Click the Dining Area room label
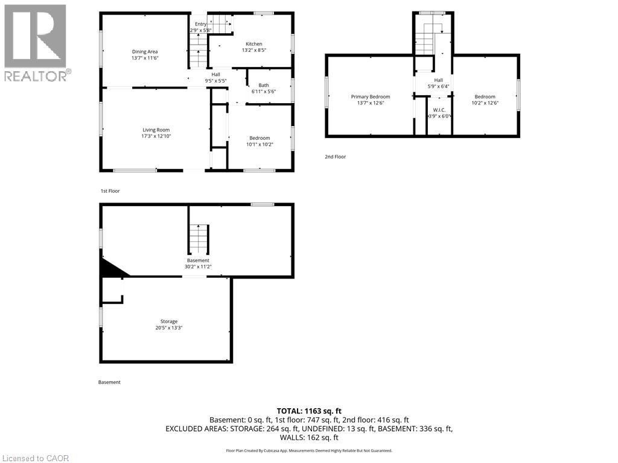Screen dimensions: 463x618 coord(145,52)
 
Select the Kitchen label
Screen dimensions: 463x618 coord(253,44)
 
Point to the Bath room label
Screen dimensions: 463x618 coord(264,85)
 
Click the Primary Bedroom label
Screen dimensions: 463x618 coord(371,96)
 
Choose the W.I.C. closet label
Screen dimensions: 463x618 coord(439,110)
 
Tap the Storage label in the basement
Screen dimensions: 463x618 coord(169,321)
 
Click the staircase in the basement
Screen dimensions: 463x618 coord(199,239)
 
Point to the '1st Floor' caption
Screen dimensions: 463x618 coord(110,191)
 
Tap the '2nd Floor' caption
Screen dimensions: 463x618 coord(335,157)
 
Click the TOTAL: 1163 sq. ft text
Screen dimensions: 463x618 coord(309,411)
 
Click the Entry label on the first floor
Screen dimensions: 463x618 coord(200,24)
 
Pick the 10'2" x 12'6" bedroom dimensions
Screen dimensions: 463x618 coord(485,103)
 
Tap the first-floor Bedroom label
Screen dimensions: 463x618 coord(260,137)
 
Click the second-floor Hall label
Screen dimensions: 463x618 coord(438,80)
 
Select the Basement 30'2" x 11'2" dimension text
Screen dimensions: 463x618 coord(198,266)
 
